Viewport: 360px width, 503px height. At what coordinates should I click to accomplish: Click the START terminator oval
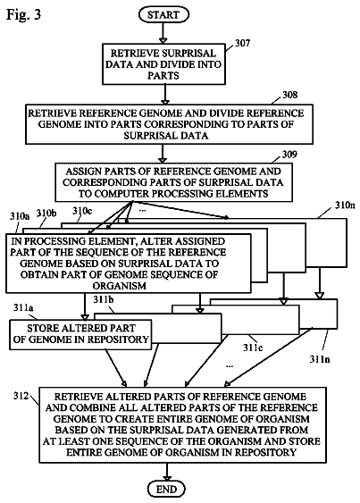coord(163,15)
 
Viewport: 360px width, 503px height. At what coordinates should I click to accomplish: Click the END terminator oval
coord(167,490)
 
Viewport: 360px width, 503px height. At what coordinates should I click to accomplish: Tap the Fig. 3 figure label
coord(24,14)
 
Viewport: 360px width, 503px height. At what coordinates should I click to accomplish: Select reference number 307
coord(242,43)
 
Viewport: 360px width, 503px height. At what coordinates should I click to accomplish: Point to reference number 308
coord(289,95)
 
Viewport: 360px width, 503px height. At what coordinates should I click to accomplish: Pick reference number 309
coord(289,155)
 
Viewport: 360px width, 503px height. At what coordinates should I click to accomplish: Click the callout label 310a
coord(20,216)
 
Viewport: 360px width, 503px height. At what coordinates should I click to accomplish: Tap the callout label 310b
coord(46,213)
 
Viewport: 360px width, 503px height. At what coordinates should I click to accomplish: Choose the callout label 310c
coord(82,211)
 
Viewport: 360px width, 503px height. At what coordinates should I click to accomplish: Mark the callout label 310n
coord(345,205)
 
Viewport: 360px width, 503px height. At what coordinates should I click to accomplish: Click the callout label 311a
coord(23,307)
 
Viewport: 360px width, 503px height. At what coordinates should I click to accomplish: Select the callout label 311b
coord(104,299)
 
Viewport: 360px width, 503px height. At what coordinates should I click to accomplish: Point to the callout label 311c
coord(253,348)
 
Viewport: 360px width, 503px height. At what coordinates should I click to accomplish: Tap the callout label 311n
coord(320,359)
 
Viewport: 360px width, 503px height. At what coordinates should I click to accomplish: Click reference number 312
coord(21,396)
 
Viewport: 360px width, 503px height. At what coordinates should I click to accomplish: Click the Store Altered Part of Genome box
coord(80,334)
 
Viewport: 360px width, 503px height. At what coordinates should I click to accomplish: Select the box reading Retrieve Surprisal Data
coord(163,64)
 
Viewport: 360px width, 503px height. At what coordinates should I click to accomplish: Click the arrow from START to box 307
coord(163,33)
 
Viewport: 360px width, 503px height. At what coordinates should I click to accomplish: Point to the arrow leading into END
coord(167,473)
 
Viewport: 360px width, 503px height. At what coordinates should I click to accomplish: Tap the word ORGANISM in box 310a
coord(120,286)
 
